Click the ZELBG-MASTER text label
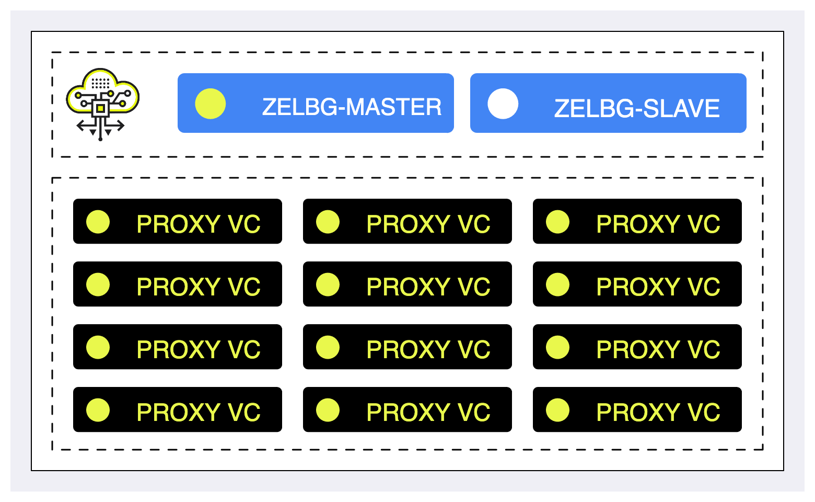pos(352,107)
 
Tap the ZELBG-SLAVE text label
pos(637,109)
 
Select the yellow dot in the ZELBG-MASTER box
pos(211,104)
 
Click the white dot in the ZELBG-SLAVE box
pos(503,104)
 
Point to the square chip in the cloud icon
pos(100,109)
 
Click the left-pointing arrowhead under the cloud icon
pos(80,126)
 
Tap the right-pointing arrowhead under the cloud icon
pos(121,126)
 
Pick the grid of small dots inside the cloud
pos(100,83)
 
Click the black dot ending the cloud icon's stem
pos(100,139)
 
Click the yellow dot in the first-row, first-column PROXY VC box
pos(98,222)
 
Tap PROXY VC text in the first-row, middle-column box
pos(428,224)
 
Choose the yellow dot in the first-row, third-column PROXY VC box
pos(558,222)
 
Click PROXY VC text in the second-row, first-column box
pos(199,287)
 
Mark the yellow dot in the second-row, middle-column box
pos(328,284)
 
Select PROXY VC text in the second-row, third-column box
pos(658,287)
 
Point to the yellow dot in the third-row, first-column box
pos(98,347)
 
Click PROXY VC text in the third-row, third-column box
pos(658,349)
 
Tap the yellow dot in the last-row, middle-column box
pos(328,410)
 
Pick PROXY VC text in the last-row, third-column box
pos(658,412)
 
